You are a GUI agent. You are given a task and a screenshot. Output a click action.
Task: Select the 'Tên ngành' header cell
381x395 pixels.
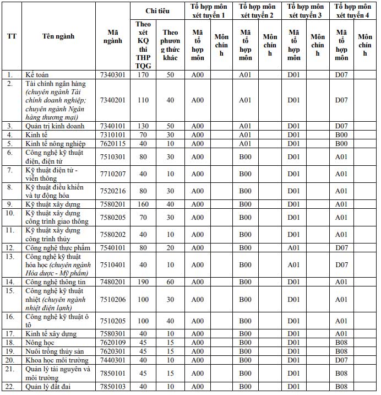click(x=58, y=36)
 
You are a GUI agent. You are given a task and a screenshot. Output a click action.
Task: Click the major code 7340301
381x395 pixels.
click(x=113, y=74)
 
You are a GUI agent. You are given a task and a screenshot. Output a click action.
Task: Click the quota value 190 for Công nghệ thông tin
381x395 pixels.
click(x=143, y=282)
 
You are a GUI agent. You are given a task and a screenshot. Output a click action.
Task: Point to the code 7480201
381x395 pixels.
click(x=113, y=282)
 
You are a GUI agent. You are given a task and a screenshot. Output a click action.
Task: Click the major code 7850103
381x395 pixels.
click(x=113, y=386)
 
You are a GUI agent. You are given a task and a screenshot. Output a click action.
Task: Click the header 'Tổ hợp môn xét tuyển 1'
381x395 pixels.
click(x=210, y=10)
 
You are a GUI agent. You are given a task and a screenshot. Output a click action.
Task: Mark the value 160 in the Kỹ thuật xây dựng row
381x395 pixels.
click(x=143, y=204)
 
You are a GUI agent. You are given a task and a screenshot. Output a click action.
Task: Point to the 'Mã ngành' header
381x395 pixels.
click(x=113, y=36)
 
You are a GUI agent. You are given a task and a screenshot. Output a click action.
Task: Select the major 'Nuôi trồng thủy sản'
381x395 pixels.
click(x=57, y=351)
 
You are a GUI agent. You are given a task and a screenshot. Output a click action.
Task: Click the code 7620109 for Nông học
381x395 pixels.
click(x=113, y=343)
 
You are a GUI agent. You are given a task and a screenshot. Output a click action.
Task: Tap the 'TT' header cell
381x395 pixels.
click(x=12, y=36)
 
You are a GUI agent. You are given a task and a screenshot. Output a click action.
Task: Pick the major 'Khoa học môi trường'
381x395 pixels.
click(x=57, y=360)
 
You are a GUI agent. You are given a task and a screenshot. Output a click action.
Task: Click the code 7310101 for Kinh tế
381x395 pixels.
click(x=113, y=134)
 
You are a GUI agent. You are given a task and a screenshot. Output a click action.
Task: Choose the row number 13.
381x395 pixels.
click(x=10, y=257)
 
